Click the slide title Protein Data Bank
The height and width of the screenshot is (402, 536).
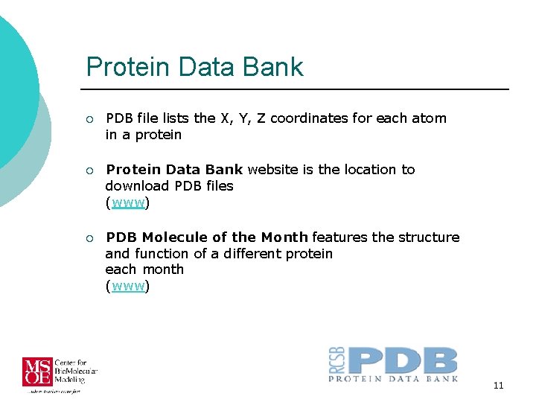click(194, 67)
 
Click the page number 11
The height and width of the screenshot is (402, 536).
click(498, 385)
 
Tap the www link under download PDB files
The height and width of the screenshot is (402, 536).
click(127, 202)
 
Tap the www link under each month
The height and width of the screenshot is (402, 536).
click(127, 286)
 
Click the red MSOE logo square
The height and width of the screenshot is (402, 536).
click(37, 372)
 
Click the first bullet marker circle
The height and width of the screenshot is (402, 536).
click(89, 119)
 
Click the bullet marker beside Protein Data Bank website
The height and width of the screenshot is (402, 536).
click(89, 170)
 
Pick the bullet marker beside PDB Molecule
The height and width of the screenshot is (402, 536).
click(89, 238)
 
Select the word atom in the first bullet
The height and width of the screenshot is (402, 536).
click(430, 118)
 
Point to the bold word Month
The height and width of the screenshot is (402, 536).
click(284, 237)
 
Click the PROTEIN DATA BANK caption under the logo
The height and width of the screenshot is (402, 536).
click(393, 379)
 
